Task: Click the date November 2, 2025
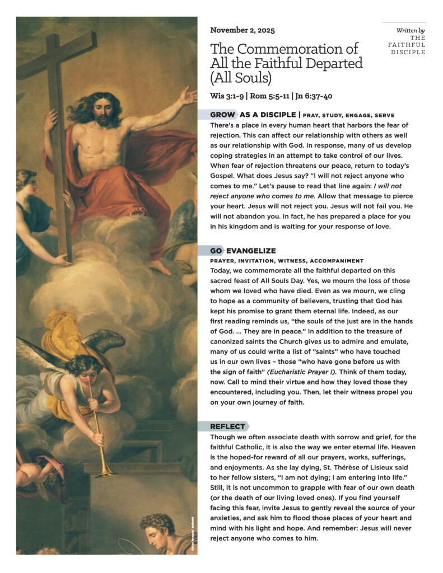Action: click(243, 30)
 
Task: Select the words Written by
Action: click(410, 30)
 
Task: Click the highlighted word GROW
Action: click(222, 115)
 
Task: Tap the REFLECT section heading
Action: click(227, 426)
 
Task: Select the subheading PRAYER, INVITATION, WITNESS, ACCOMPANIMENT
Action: click(287, 261)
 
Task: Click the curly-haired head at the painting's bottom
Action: click(157, 523)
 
